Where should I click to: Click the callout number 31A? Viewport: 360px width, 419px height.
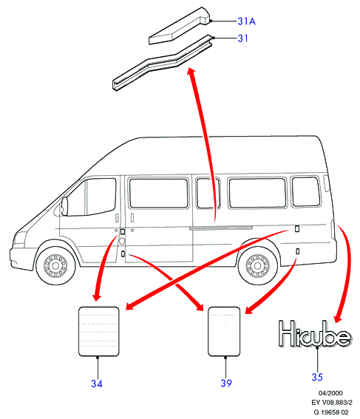pos(246,21)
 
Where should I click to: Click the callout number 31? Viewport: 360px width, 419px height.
pos(242,38)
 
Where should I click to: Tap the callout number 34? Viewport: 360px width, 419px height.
pos(97,384)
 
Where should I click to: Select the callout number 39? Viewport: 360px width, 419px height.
pos(226,384)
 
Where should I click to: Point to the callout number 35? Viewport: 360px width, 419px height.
pos(317,377)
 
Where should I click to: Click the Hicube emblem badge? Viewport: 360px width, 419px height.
pos(315,334)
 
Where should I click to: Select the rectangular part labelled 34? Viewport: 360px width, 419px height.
pos(99,331)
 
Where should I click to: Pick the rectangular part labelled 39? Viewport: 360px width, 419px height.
pos(224,331)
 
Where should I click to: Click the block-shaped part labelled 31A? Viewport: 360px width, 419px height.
pos(179,26)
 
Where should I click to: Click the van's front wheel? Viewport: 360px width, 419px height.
pos(55,265)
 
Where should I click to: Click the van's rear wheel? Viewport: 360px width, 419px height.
pos(258,265)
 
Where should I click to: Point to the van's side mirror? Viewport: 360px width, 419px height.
pos(64,206)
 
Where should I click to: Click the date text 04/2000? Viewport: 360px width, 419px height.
pos(330,393)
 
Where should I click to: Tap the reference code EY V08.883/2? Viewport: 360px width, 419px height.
pos(332,403)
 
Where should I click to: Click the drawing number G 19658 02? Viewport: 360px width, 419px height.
pos(331,412)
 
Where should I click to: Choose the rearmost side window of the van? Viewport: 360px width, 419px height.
pos(306,191)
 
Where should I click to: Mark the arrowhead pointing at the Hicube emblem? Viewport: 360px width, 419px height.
pos(339,318)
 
